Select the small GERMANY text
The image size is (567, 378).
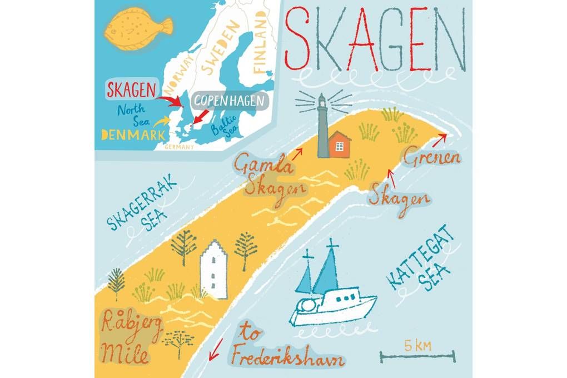coord(180,147)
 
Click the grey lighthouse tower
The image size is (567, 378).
coord(321,128)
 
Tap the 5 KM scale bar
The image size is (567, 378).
coord(417,354)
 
